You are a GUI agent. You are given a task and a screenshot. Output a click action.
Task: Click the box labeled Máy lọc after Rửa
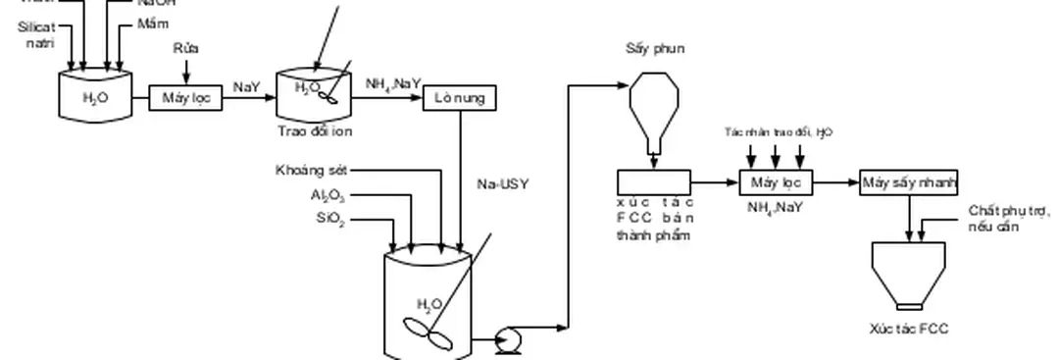[185, 98]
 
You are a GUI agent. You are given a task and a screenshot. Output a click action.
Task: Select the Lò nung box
[460, 99]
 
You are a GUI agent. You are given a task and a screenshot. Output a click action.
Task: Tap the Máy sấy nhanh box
[909, 182]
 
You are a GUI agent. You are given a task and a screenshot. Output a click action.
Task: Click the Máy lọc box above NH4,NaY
[777, 182]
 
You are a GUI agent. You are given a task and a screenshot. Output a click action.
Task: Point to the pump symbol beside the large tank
[509, 338]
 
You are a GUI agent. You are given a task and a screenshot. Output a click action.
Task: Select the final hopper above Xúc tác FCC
[909, 275]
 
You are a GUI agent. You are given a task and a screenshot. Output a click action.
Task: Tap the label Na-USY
[502, 183]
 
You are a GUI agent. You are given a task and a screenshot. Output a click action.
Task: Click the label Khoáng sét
[311, 171]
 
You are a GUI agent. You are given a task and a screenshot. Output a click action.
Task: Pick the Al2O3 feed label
[327, 196]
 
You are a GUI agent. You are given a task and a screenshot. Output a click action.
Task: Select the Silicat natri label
[36, 35]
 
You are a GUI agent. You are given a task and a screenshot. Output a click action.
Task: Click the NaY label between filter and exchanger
[246, 87]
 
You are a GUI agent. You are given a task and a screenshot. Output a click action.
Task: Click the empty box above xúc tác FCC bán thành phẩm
[654, 181]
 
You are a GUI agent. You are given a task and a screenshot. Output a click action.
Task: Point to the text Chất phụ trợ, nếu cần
[1008, 218]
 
